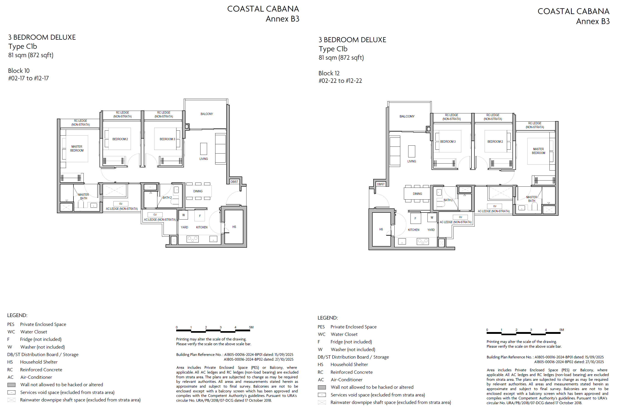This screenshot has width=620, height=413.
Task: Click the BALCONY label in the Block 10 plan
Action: [207, 114]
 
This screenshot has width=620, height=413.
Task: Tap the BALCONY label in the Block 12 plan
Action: [407, 116]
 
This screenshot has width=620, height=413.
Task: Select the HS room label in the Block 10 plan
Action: [234, 227]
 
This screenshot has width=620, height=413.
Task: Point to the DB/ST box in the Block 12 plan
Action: [381, 184]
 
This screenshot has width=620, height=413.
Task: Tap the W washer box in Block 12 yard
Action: [432, 217]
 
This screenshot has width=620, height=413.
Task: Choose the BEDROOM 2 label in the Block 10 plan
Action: [120, 139]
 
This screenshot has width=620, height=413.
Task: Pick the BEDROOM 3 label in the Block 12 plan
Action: [448, 142]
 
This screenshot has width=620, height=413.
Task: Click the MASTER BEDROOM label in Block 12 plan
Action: [538, 151]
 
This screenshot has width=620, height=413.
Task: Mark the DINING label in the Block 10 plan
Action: [198, 191]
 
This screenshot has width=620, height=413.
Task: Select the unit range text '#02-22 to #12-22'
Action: [340, 81]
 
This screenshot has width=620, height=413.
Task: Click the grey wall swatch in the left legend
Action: [11, 385]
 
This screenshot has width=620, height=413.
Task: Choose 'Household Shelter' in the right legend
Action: [349, 364]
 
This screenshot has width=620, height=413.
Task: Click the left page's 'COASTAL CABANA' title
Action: [263, 9]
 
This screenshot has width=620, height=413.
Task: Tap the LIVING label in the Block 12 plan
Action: [412, 161]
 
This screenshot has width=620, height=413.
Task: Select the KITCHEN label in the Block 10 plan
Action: [202, 227]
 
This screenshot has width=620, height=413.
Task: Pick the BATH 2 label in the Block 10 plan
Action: [167, 198]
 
